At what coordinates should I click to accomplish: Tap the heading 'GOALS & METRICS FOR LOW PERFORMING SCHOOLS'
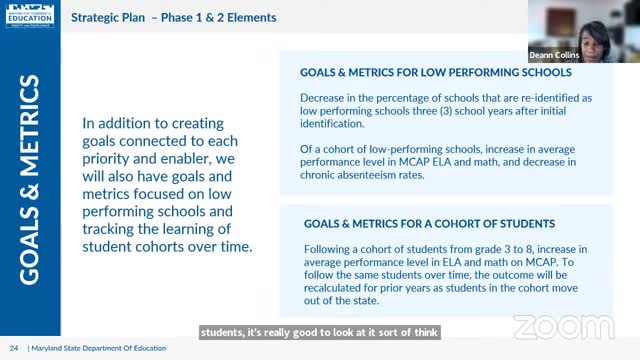pyautogui.click(x=435, y=73)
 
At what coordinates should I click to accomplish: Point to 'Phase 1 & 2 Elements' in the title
pyautogui.click(x=219, y=18)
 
